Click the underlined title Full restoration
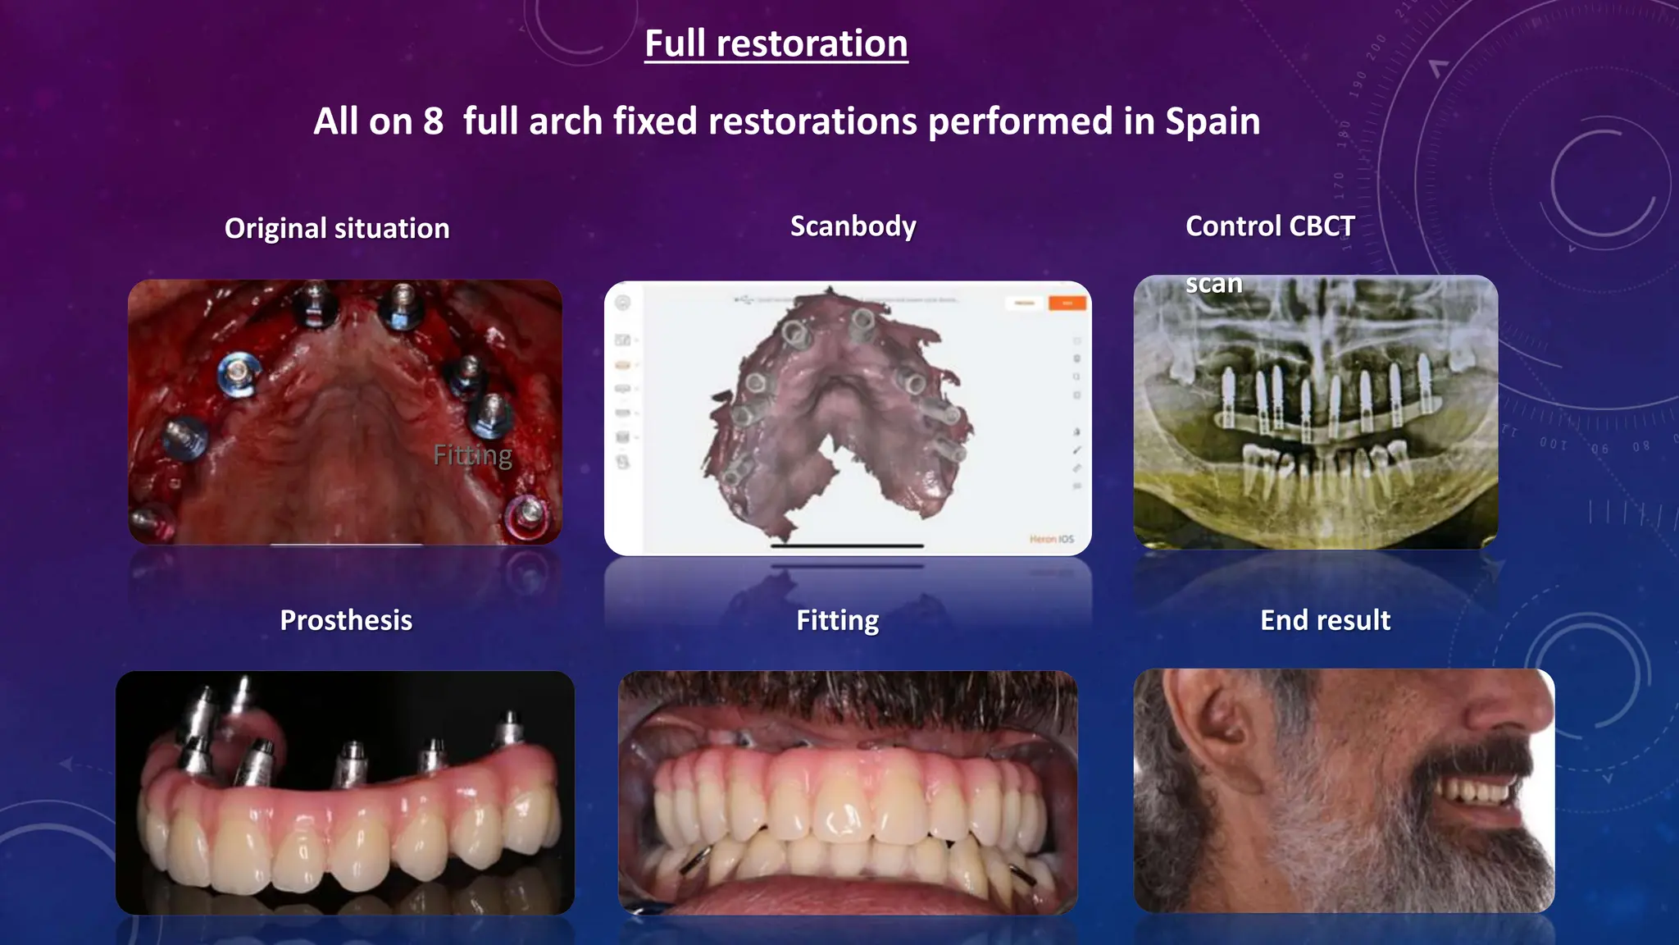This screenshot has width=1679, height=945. (776, 43)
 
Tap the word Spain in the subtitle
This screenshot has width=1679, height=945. (1213, 121)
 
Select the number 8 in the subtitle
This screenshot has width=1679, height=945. (433, 121)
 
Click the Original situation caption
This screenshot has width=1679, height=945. (337, 228)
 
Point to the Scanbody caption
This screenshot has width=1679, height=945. (853, 226)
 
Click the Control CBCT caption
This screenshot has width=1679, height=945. (1269, 226)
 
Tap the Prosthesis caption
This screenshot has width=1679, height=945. (346, 620)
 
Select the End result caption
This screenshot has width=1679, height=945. (1325, 620)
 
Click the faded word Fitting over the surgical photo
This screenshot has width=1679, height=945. (472, 454)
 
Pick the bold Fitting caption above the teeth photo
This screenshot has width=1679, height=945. (837, 620)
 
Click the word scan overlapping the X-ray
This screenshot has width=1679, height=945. (1213, 284)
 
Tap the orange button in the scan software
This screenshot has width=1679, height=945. (1067, 304)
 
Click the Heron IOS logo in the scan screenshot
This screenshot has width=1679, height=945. (1051, 539)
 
